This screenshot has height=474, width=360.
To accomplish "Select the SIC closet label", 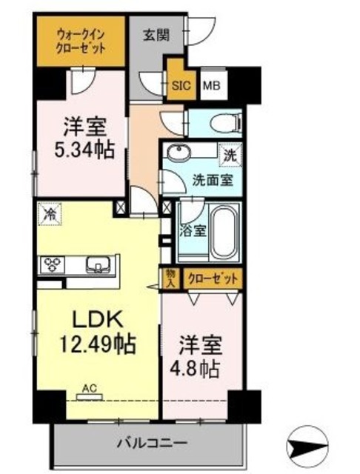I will [181, 84].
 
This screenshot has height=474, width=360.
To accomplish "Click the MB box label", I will [212, 84].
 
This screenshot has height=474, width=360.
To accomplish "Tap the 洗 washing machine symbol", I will [231, 156].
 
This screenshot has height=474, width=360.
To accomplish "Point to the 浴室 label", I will [195, 230].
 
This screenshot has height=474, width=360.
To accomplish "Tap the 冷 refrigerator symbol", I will [48, 213].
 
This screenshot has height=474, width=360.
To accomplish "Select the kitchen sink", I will [98, 264].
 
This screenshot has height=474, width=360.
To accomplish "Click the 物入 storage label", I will [170, 278].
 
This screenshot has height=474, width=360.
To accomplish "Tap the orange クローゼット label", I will [213, 278].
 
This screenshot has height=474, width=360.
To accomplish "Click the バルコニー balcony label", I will [154, 444].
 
